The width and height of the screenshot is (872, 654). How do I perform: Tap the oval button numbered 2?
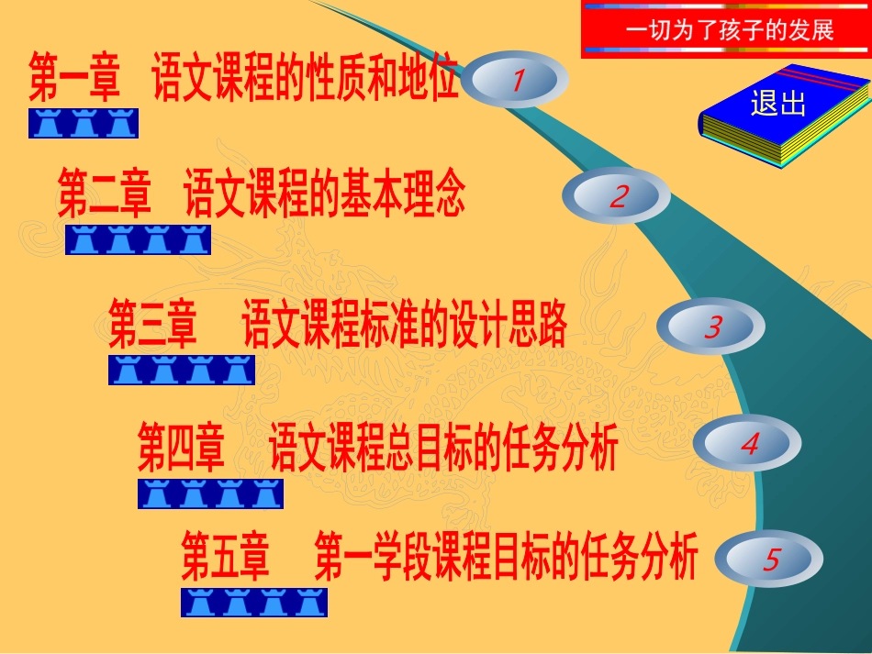click(616, 196)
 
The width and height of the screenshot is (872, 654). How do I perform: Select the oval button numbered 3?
click(712, 327)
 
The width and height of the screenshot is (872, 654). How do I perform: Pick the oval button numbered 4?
click(748, 444)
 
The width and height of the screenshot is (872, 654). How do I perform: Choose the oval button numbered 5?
click(768, 560)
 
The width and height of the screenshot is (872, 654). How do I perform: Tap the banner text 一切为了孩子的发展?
click(730, 29)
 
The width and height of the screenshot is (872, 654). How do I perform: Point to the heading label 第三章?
click(152, 327)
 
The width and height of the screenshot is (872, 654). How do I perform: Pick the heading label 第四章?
click(181, 446)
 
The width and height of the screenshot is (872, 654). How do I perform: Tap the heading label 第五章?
click(225, 560)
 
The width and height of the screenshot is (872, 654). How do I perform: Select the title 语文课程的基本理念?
click(325, 196)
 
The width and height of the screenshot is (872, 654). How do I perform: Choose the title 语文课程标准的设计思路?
click(404, 327)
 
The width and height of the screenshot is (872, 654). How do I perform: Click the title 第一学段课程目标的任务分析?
click(506, 560)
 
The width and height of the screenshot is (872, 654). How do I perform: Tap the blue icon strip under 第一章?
click(84, 123)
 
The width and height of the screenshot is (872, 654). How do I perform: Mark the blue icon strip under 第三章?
click(182, 370)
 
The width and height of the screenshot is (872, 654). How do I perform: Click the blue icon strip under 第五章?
click(254, 603)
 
